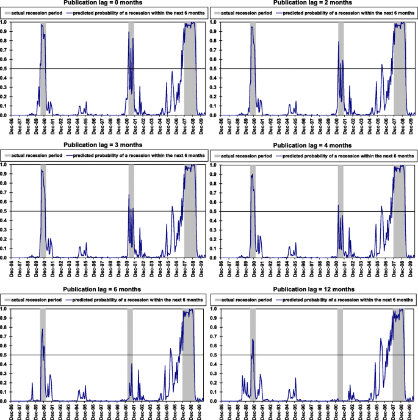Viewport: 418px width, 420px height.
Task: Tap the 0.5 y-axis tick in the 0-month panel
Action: click(x=4, y=69)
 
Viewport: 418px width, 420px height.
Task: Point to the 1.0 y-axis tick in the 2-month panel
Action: click(x=214, y=22)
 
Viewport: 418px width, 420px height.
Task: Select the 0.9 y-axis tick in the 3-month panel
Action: click(x=4, y=174)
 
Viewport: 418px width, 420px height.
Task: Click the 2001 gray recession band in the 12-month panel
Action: click(x=340, y=354)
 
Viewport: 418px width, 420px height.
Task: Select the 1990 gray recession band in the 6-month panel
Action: click(x=43, y=354)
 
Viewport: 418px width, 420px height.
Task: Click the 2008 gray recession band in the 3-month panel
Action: click(x=190, y=211)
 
